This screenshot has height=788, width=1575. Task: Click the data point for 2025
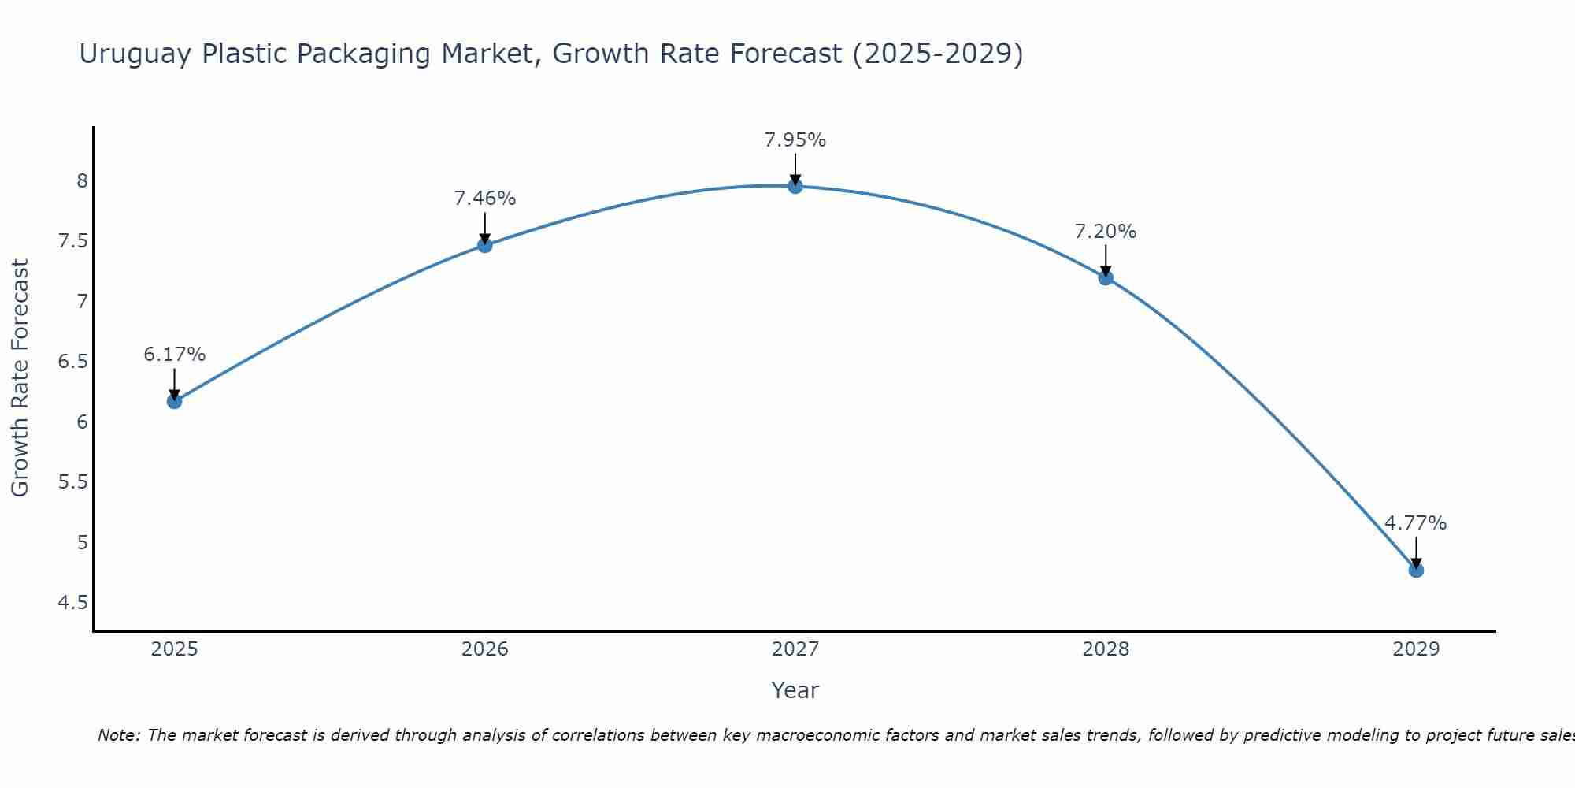click(x=174, y=401)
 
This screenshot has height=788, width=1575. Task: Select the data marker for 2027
click(x=795, y=186)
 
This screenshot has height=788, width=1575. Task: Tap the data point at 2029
click(x=1415, y=570)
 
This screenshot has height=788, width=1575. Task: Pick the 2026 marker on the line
click(x=484, y=245)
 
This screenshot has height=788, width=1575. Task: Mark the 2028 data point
click(x=1105, y=277)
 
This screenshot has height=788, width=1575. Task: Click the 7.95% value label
click(x=795, y=140)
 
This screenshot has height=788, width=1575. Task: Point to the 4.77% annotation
click(x=1415, y=523)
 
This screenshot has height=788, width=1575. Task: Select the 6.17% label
click(x=174, y=355)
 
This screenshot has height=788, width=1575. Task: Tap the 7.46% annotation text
click(x=484, y=199)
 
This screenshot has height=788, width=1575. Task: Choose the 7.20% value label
click(x=1105, y=232)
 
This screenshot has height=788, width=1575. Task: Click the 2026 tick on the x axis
click(x=484, y=649)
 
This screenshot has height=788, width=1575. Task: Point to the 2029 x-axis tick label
click(x=1415, y=649)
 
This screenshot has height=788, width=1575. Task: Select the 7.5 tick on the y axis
click(x=72, y=241)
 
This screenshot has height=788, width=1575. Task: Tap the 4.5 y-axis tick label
click(x=72, y=603)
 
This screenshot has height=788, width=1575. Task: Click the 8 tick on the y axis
click(x=81, y=181)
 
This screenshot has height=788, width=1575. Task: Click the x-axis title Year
click(x=795, y=690)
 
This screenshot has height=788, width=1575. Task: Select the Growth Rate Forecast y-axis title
click(x=20, y=378)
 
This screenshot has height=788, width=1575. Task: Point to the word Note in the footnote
click(x=117, y=735)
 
